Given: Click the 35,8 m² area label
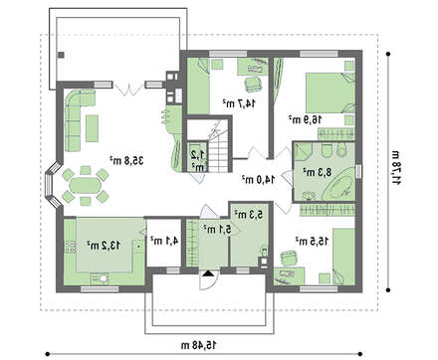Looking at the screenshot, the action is point(126,161).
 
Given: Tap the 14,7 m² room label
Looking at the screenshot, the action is point(239,103).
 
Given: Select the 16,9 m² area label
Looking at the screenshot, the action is point(305,119).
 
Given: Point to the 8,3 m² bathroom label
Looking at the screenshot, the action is point(317,172).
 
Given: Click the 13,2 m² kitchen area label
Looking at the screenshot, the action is point(104,246).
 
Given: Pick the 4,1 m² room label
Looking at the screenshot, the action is point(164,241).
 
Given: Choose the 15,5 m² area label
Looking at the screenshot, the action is point(313,242).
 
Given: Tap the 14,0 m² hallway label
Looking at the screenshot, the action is point(258,179).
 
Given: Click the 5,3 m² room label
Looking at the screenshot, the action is point(248,215).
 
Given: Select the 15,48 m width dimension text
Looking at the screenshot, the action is point(200,345).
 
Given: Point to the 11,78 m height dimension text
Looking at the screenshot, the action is point(396,168).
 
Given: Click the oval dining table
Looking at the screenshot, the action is point(86,186).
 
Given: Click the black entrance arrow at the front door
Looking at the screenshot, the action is point(208,273).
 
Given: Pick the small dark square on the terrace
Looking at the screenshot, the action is point(61,55).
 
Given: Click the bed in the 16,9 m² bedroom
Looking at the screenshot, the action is point(330,93).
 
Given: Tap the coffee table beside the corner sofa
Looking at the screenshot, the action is point(92,128).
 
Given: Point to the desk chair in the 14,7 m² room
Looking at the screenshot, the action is point(253,84).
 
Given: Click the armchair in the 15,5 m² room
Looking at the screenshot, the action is point(288,258).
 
